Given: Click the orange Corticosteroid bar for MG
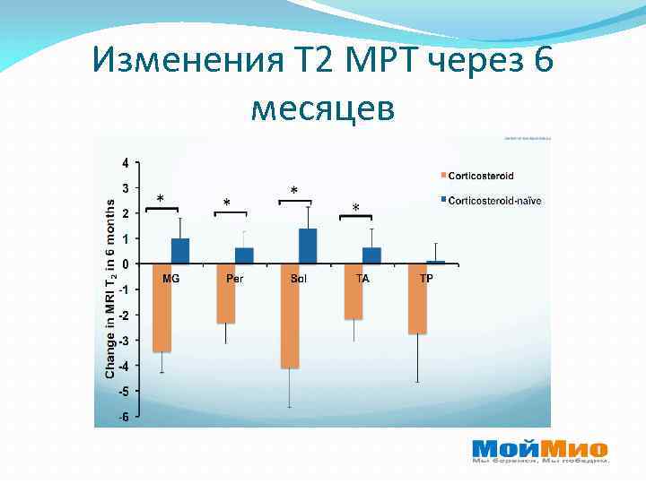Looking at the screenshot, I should (x=161, y=307).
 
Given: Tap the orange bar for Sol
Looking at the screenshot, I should (x=289, y=315).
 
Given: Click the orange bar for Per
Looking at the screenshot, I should (x=226, y=293).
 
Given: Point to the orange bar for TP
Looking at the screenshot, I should (x=417, y=298).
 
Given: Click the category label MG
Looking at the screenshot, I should (x=170, y=278).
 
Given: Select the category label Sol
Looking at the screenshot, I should (x=299, y=278).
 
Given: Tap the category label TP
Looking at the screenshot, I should (x=426, y=278).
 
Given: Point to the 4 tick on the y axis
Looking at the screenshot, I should (x=125, y=162).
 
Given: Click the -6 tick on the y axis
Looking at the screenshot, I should (x=123, y=416).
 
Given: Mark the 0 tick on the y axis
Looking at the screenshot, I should (x=125, y=264).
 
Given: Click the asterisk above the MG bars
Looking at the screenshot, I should (x=161, y=198).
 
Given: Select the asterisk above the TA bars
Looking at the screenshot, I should (x=356, y=208).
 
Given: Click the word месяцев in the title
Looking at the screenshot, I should (x=322, y=109).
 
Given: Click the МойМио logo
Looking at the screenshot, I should (x=539, y=451).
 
